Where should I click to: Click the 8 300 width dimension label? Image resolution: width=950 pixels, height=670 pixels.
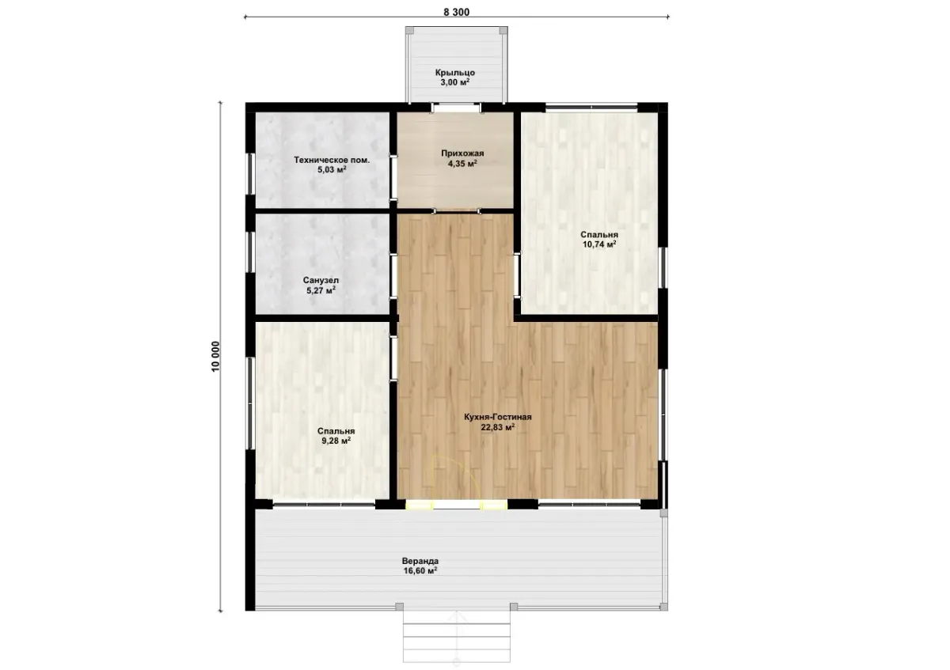(x=456, y=13)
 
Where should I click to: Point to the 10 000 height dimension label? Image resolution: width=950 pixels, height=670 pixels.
(x=215, y=357)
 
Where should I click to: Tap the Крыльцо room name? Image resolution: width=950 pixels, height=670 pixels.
(x=455, y=73)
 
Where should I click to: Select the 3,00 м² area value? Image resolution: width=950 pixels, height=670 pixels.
(x=455, y=82)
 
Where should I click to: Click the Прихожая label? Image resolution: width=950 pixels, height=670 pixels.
(x=462, y=153)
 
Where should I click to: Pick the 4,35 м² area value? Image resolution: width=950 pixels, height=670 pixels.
(x=462, y=163)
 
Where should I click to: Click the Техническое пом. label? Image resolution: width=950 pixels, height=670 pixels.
(x=332, y=160)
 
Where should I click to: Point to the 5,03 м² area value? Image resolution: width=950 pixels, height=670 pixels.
(x=332, y=170)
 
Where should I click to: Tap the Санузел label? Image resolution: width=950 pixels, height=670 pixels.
(x=321, y=280)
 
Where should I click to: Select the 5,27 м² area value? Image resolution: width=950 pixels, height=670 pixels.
(x=321, y=290)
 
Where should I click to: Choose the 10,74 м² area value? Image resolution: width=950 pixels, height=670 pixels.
(x=599, y=244)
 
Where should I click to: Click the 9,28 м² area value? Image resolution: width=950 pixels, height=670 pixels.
(x=336, y=441)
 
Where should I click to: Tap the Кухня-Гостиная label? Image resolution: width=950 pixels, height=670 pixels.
(x=497, y=417)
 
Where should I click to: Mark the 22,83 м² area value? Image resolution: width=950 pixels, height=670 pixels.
(x=497, y=427)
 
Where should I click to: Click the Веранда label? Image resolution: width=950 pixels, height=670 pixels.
(x=420, y=561)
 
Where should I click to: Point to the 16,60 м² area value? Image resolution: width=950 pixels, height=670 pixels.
(x=420, y=571)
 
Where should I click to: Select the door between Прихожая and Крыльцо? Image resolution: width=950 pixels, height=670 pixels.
(x=457, y=108)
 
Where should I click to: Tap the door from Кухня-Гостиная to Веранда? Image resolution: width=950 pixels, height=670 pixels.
(x=456, y=505)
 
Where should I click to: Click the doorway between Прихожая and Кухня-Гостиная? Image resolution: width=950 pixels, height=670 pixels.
(x=456, y=210)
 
